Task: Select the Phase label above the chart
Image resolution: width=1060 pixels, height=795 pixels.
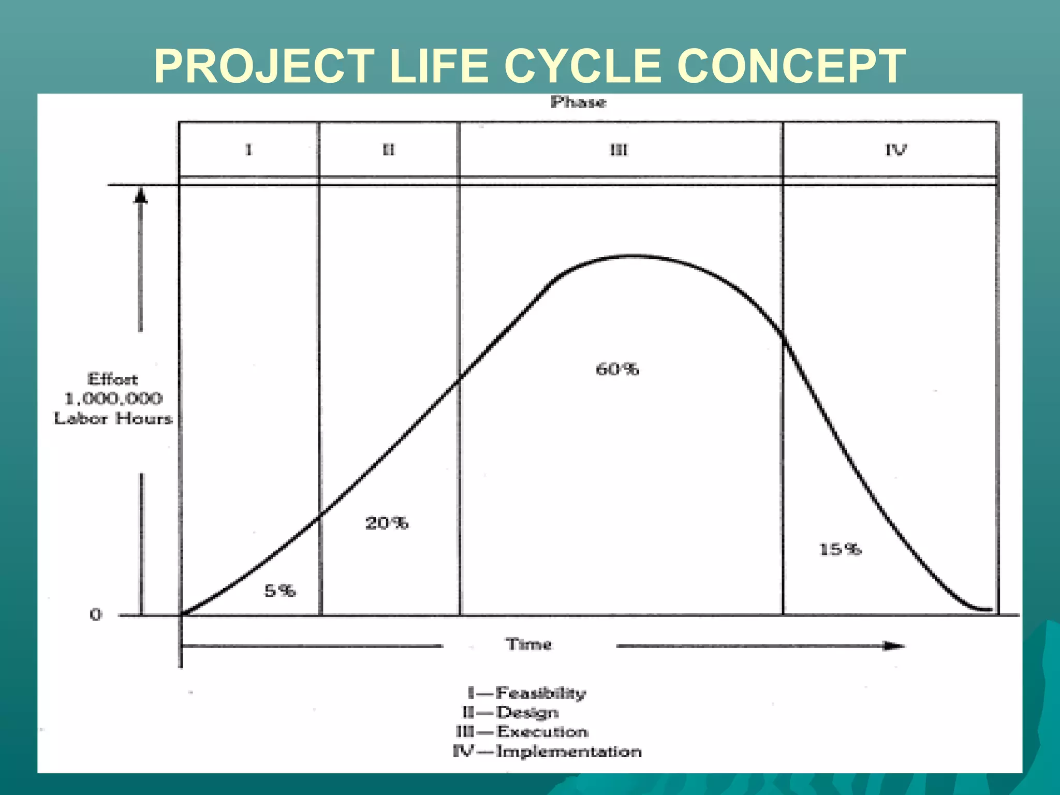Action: (x=578, y=102)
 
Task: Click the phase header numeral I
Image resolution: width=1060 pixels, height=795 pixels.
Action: (x=249, y=150)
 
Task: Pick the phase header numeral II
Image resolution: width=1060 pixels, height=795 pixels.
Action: (x=388, y=150)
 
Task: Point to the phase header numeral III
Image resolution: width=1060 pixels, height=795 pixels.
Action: (x=619, y=150)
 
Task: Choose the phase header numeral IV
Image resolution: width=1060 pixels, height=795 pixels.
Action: (x=895, y=150)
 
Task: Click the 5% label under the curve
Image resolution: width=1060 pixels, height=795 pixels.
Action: (x=280, y=591)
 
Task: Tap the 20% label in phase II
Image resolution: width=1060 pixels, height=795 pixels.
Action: (x=387, y=523)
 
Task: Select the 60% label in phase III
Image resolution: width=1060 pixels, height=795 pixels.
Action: (x=617, y=369)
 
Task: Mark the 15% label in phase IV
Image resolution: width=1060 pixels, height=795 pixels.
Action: (x=840, y=549)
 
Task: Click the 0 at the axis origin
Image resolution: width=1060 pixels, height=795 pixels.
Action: (x=96, y=615)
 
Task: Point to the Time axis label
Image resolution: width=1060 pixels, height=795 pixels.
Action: (x=528, y=644)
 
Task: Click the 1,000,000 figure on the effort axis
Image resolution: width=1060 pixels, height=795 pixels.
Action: (x=113, y=399)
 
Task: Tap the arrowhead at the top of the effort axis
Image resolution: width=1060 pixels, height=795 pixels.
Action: (x=141, y=196)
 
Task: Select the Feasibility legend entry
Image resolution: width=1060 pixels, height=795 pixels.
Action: (x=540, y=693)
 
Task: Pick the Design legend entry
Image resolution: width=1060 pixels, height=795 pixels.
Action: (x=527, y=713)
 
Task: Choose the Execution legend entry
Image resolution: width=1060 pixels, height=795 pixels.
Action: (x=542, y=732)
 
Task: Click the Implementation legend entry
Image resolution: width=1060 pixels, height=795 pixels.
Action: (x=568, y=752)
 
